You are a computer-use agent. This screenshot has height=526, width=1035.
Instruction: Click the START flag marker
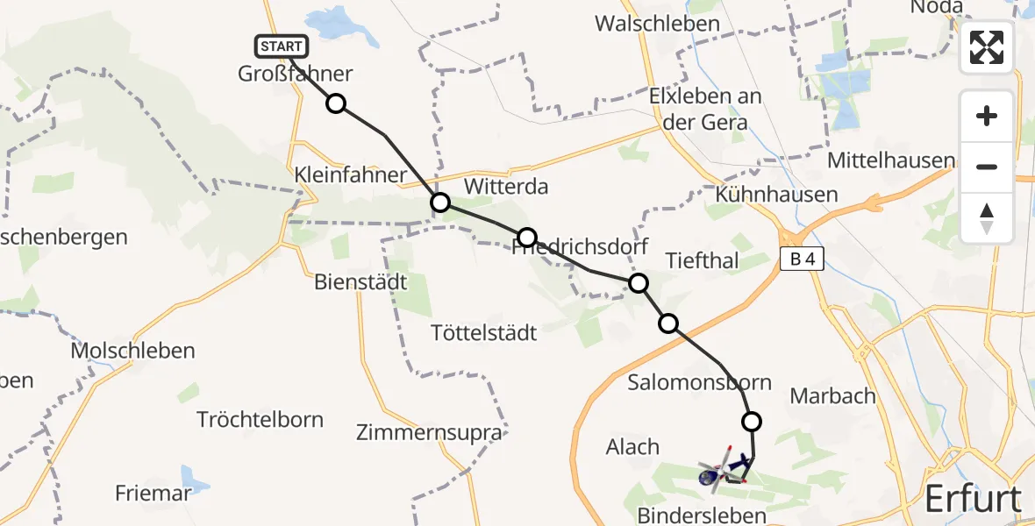(282, 46)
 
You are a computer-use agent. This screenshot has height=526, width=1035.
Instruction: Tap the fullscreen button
(987, 47)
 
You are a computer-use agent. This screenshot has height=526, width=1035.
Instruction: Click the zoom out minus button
(987, 167)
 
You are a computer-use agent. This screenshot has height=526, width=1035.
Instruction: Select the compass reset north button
(987, 218)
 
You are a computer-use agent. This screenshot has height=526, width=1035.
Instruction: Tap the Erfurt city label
(974, 499)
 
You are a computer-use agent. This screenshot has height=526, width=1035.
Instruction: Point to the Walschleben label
(657, 24)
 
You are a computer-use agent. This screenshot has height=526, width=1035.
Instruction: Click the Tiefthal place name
(703, 260)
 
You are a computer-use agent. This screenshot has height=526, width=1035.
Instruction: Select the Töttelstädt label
(484, 333)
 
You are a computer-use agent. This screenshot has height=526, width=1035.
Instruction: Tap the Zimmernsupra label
(430, 432)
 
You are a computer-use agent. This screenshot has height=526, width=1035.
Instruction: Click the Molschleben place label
(133, 351)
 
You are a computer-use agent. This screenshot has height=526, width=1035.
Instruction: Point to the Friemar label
(153, 494)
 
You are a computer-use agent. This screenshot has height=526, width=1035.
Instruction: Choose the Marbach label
(832, 395)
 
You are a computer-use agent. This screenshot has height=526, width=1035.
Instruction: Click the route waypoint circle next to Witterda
(440, 203)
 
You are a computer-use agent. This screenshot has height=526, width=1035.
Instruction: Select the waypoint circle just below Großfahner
(336, 104)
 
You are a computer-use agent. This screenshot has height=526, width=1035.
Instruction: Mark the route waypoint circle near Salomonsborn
(752, 422)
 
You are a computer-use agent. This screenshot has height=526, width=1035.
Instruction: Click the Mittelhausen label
(891, 160)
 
